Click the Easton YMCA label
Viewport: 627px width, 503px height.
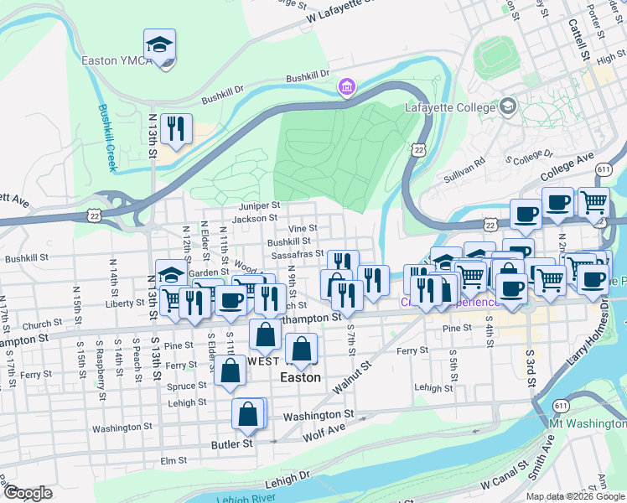tap(116, 60)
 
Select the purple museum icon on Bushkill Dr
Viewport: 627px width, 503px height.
tap(345, 86)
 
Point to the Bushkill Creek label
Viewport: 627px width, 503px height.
tap(107, 137)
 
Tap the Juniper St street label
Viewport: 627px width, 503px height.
tap(257, 205)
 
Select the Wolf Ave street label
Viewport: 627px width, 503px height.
tap(324, 429)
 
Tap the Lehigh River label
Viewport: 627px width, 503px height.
tap(246, 499)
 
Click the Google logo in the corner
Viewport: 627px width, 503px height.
tap(28, 492)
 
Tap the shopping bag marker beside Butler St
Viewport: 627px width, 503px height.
tap(249, 413)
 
